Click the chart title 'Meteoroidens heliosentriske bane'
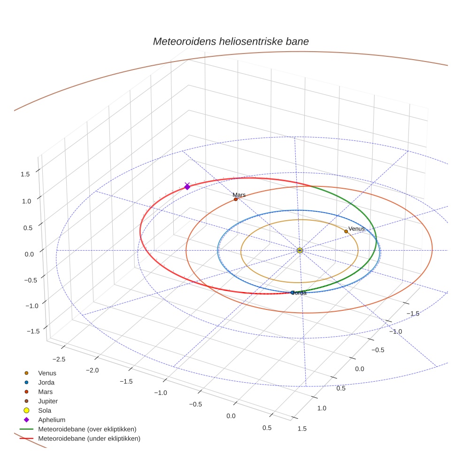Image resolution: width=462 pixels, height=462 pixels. (x=231, y=41)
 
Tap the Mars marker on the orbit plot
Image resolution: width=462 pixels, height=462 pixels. (x=236, y=199)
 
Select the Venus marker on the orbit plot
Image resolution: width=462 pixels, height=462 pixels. (x=346, y=231)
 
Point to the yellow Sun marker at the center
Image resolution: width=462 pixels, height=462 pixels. (x=300, y=250)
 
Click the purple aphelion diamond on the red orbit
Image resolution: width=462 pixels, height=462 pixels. (x=187, y=187)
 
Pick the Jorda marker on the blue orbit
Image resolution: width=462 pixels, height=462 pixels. (x=293, y=293)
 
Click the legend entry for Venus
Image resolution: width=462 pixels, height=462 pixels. (x=47, y=373)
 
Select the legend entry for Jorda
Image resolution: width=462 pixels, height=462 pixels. (x=46, y=382)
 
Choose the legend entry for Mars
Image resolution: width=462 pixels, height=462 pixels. (x=45, y=392)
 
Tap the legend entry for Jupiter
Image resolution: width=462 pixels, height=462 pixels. (x=48, y=401)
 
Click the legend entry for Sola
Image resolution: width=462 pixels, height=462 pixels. (x=45, y=410)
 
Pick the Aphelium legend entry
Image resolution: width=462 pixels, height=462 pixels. (x=52, y=420)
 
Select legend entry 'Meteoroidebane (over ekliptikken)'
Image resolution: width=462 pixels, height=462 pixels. (x=87, y=429)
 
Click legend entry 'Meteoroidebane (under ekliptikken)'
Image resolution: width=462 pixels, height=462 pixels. (x=89, y=439)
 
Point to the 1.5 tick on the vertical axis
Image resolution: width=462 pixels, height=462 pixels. (x=25, y=174)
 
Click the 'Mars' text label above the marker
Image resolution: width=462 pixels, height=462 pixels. (x=239, y=194)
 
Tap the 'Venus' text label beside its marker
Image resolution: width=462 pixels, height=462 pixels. (x=356, y=229)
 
